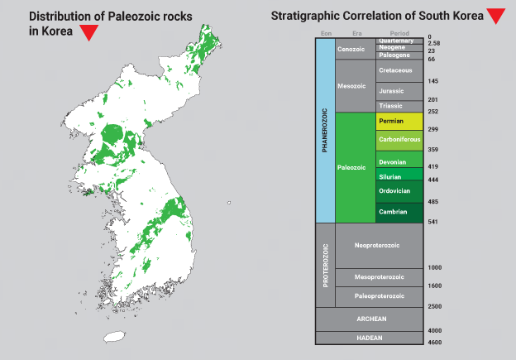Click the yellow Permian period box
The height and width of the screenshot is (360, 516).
(x=399, y=121)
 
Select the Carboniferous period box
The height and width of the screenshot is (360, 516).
(x=399, y=141)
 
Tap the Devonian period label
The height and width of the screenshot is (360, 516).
(x=392, y=162)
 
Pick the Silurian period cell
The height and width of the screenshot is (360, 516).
(x=399, y=174)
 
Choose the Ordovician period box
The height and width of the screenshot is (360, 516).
(x=399, y=191)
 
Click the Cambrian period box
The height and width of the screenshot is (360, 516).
(x=399, y=213)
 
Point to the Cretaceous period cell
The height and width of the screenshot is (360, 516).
(x=399, y=70)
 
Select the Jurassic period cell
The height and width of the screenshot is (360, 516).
(x=399, y=91)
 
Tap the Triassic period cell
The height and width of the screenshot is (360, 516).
(x=399, y=106)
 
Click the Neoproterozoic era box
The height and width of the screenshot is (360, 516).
(x=379, y=246)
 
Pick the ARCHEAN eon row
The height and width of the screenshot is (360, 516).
(x=370, y=319)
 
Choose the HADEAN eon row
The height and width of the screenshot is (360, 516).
(x=370, y=338)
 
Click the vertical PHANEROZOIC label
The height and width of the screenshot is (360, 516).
(x=325, y=131)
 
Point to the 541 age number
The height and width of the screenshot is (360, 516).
(x=432, y=222)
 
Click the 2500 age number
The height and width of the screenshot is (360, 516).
(x=435, y=307)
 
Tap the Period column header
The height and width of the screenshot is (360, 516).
(x=399, y=33)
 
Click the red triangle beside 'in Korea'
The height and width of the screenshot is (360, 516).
(x=88, y=32)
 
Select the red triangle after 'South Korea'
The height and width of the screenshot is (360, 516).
(x=496, y=17)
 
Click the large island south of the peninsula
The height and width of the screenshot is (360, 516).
(x=114, y=337)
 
